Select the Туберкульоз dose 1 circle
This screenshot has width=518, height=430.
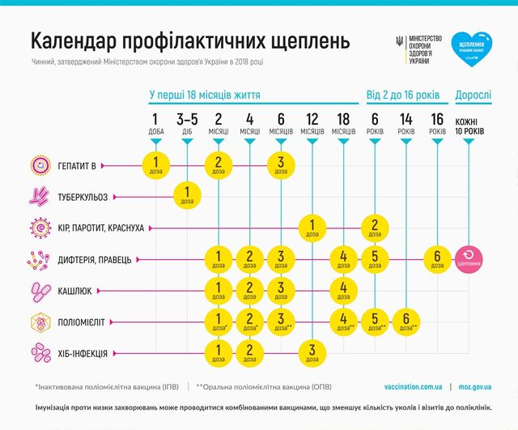pos(187,196)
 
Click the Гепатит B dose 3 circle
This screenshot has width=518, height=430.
pos(279,165)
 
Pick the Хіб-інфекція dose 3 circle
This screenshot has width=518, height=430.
pos(311,352)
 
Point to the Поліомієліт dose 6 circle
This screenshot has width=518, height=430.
pos(405,321)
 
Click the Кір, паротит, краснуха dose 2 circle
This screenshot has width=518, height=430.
pos(374,228)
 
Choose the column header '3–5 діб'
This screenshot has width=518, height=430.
pos(187,124)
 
